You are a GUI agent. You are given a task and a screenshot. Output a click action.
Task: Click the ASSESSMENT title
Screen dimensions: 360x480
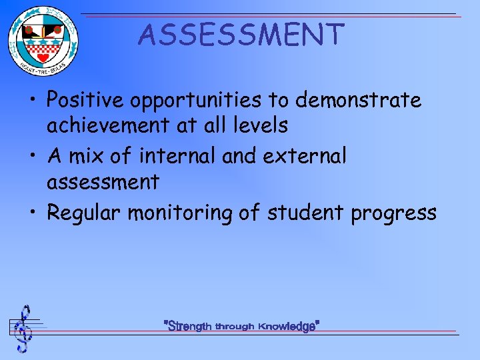click(x=241, y=35)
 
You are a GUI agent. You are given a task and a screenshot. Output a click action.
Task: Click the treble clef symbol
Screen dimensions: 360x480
click(x=24, y=329)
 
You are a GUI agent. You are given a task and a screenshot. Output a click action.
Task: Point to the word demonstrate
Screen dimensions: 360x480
click(x=359, y=101)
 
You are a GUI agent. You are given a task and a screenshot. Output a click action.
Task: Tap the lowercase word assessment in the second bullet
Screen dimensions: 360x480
click(x=103, y=181)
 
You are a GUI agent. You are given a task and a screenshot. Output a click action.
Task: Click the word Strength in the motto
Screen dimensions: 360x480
click(x=190, y=327)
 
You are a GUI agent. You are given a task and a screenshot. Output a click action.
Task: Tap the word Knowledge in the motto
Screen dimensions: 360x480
click(x=287, y=327)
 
